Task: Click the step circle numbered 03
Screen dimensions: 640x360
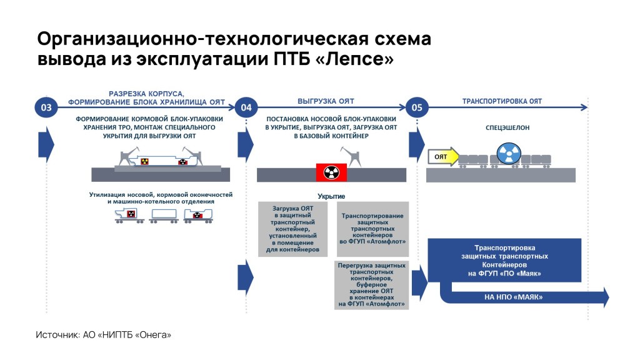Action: pos(46,107)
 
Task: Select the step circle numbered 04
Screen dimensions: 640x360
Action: pos(246,107)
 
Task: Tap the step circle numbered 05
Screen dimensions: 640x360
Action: pos(417,107)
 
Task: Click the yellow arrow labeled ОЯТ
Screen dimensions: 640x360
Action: pos(443,157)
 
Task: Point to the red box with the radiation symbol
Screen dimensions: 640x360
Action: pos(331,172)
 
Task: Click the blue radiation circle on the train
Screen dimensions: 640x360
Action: pos(509,154)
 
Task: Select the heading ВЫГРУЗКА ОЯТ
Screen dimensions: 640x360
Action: pos(326,101)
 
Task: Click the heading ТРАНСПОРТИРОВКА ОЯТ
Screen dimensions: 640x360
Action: pos(502,101)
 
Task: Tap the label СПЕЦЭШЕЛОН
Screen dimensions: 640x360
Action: pos(507,127)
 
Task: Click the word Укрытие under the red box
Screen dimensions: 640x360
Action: pos(331,196)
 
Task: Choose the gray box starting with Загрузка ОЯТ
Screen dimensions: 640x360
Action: pos(292,229)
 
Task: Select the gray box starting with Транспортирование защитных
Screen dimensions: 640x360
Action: pos(372,229)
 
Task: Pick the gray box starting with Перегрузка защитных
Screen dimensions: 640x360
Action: pos(371,285)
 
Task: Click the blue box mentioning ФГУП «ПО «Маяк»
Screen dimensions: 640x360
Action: pos(504,261)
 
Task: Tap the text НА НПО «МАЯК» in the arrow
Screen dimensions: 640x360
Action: pos(514,297)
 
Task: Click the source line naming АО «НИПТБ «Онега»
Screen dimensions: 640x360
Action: pos(103,335)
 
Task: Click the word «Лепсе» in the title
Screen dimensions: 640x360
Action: pos(355,59)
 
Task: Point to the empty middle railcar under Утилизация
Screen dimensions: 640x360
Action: pos(164,216)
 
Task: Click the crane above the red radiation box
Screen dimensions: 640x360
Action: pos(352,157)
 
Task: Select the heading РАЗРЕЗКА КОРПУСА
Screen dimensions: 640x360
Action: pos(146,94)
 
